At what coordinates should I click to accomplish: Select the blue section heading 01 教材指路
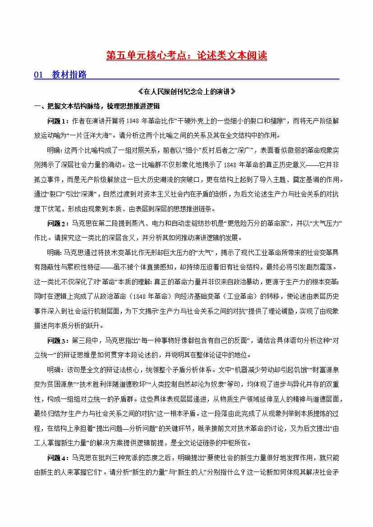(60, 75)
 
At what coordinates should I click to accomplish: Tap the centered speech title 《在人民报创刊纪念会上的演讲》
(187, 92)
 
